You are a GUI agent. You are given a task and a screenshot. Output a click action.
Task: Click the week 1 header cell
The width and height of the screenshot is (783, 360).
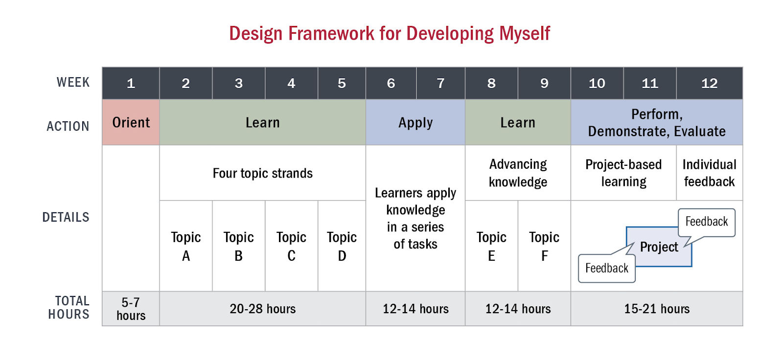point(131,83)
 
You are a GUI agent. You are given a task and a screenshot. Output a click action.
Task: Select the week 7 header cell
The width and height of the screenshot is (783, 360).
point(441,83)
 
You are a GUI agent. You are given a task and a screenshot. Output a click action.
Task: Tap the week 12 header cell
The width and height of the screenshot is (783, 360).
point(710,83)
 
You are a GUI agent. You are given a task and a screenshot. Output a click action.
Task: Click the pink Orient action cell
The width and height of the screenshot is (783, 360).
point(131,122)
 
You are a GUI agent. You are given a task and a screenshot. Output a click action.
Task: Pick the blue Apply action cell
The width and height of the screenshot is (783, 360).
point(415,122)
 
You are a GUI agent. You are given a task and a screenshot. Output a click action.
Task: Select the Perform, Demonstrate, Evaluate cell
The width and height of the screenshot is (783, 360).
point(657,122)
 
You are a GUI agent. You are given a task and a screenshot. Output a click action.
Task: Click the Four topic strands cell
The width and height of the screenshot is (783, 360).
point(262,173)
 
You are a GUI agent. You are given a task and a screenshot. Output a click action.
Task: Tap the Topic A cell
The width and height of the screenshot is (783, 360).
point(186,246)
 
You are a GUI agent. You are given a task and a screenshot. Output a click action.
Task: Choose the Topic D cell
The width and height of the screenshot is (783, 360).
point(342,246)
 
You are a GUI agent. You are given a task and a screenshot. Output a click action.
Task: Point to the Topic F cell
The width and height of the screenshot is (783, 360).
point(544,246)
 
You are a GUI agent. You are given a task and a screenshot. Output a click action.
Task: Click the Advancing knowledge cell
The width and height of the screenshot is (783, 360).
point(518,173)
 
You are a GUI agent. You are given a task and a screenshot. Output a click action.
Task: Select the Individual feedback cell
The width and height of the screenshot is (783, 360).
point(710,173)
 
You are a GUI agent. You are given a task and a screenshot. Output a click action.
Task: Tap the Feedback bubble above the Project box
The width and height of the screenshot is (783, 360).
point(707,222)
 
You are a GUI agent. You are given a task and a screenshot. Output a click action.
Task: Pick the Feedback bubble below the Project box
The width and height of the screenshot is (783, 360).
point(607,269)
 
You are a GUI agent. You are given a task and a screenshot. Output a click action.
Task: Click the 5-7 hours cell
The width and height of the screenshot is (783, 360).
point(131,309)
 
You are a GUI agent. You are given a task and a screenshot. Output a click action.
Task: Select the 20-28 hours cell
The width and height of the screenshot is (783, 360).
point(262,309)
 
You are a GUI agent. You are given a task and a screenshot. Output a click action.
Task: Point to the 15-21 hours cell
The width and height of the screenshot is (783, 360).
point(657,309)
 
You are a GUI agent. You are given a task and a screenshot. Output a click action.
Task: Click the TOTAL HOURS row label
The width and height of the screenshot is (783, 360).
point(69,308)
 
